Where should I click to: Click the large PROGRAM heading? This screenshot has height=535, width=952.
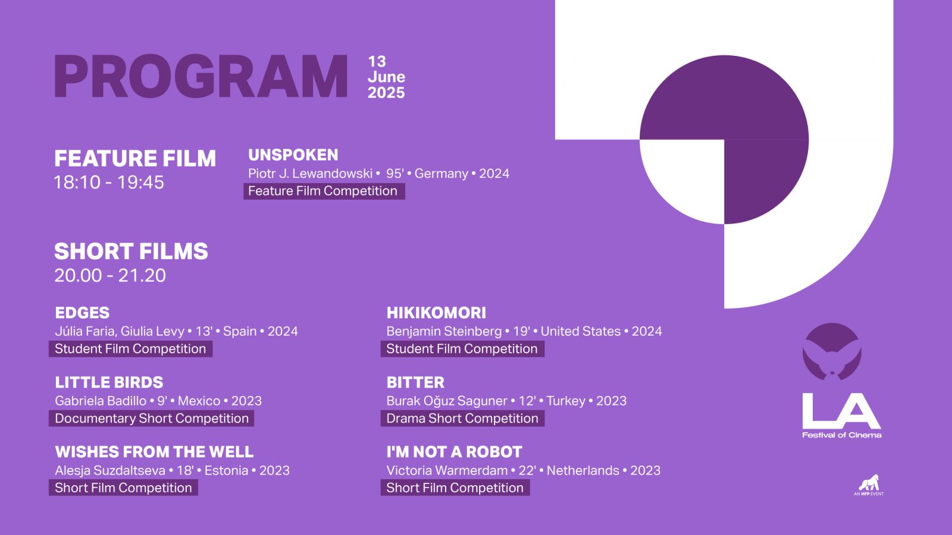coord(201,77)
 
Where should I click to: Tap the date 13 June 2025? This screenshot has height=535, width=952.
coord(386,77)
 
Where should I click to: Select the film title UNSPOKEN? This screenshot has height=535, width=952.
coord(293,155)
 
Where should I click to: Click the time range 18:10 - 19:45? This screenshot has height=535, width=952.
coord(109,182)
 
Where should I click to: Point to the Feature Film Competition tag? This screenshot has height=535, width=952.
coord(324,191)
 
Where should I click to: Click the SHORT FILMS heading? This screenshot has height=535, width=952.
coord(131,251)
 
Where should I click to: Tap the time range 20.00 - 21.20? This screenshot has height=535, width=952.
coord(110,276)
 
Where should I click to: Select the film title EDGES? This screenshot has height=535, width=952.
coord(82,313)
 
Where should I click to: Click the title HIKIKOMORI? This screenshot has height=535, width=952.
coord(436,313)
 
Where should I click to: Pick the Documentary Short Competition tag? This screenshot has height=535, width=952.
coord(151,418)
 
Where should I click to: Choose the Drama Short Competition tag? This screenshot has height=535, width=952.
coord(462,418)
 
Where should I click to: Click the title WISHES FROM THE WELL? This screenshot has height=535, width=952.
coord(154,452)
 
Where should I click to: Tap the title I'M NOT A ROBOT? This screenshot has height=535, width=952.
coord(454,452)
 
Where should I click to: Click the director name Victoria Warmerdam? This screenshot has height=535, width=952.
coord(447,470)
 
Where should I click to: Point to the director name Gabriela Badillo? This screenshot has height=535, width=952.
coord(101,401)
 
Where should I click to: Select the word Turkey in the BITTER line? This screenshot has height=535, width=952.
coord(566,401)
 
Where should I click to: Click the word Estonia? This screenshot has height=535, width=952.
coord(226,470)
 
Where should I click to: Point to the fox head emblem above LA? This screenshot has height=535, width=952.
coord(832,351)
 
